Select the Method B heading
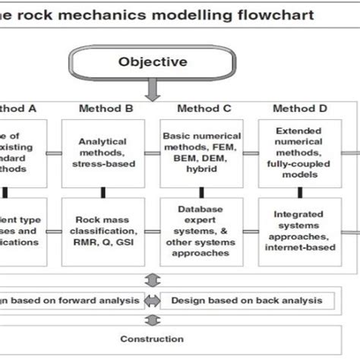click(106, 109)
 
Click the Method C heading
click(205, 109)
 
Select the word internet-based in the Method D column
click(304, 247)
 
